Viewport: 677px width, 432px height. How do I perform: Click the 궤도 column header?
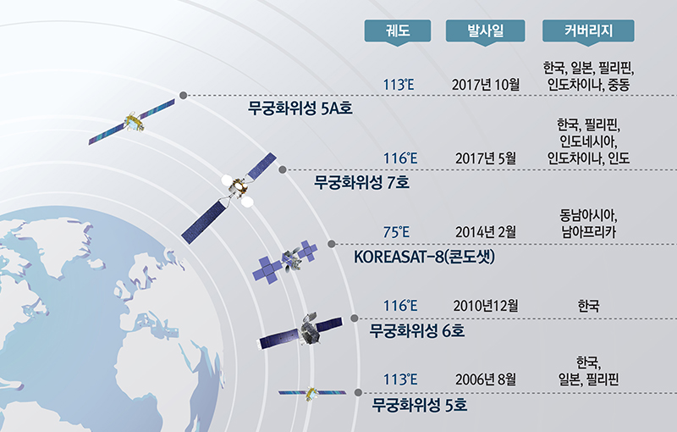(x=398, y=31)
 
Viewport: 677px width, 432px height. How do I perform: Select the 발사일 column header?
(x=485, y=31)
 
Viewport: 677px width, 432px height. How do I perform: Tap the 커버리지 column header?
(x=588, y=31)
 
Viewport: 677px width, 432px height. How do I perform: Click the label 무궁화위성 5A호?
(x=300, y=108)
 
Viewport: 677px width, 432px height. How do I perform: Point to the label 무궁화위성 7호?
(x=361, y=182)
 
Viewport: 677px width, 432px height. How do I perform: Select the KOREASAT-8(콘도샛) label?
(x=425, y=257)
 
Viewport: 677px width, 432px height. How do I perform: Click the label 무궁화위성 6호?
(x=416, y=331)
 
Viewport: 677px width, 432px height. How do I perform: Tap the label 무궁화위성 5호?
(x=420, y=405)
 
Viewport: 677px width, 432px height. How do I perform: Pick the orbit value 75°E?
(x=396, y=232)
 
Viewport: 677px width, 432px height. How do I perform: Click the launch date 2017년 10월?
(x=486, y=84)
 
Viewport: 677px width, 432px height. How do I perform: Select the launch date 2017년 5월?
(x=486, y=158)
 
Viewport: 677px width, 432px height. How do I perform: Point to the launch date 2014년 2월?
(x=486, y=232)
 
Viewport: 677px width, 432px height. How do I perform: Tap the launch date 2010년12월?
(x=486, y=306)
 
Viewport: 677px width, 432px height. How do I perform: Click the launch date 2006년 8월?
(x=486, y=379)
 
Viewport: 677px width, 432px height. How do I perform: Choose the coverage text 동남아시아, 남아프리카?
(x=588, y=224)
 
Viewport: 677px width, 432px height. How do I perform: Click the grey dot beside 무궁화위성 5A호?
(x=183, y=96)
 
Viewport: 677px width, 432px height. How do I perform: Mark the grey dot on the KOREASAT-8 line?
(x=332, y=244)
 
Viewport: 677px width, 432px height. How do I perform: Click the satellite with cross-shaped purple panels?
(x=285, y=262)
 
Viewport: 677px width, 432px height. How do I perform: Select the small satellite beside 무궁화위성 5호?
(x=311, y=393)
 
